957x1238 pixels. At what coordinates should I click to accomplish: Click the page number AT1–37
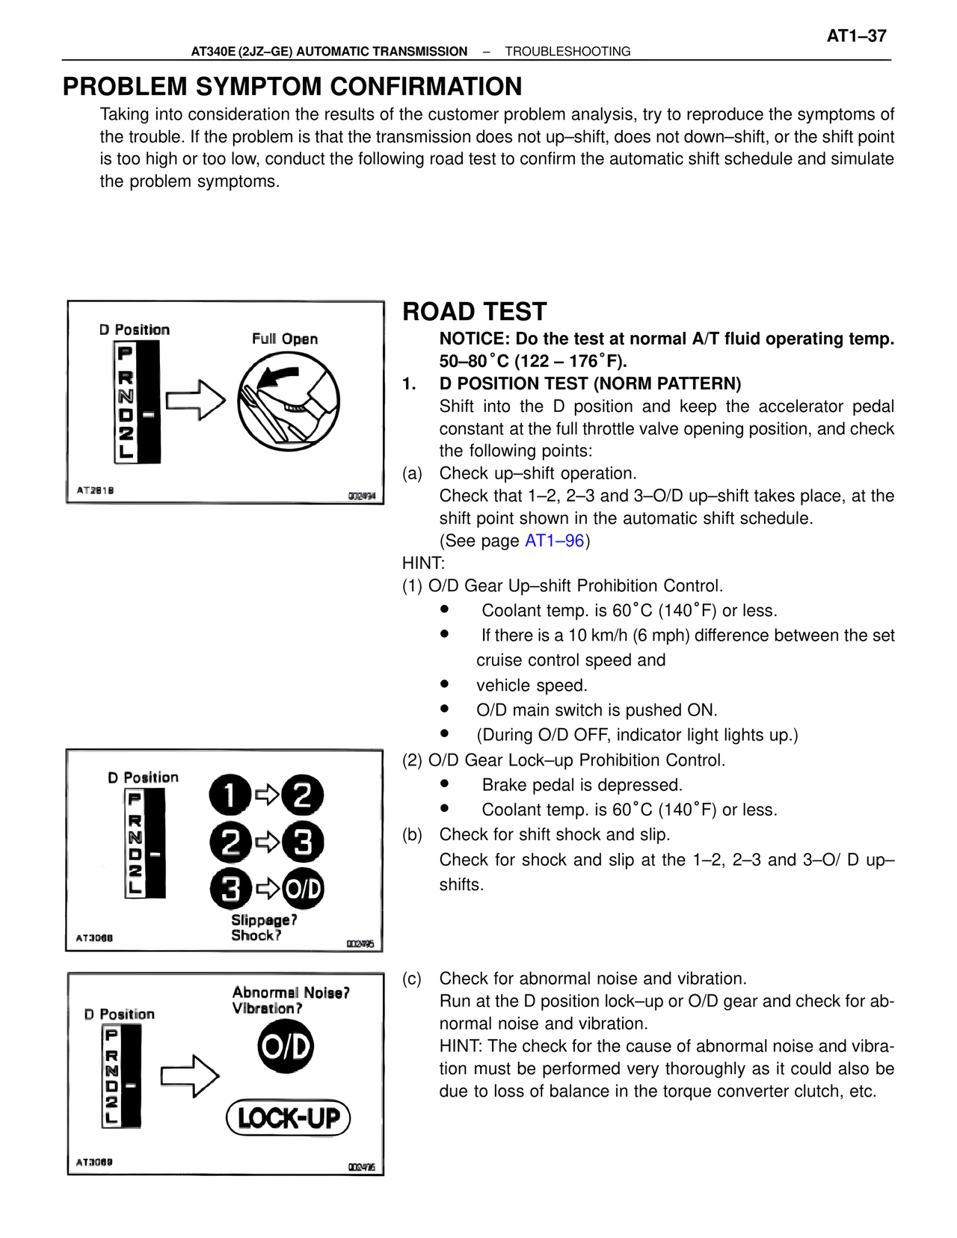pos(856,36)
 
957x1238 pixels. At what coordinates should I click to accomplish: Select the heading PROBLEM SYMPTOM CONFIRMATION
pos(292,87)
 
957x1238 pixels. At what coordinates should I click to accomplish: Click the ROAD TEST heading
pos(475,312)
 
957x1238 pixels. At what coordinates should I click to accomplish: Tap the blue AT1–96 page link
pos(554,541)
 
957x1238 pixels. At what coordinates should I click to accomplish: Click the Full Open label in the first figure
pos(285,339)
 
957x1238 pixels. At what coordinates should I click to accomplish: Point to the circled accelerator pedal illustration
pos(289,401)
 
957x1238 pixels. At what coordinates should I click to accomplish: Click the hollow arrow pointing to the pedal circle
pos(195,400)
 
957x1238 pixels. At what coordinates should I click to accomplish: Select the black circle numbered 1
pos(230,795)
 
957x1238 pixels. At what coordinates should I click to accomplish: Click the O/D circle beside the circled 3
pos(303,889)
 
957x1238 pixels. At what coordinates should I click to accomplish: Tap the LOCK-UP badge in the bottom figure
pos(289,1118)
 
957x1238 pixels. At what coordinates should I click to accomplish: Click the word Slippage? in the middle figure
pos(264,920)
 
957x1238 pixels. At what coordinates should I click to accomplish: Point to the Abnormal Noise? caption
pos(291,993)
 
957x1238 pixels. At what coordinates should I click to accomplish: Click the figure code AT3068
pos(94,938)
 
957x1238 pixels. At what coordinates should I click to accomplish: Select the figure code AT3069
pos(94,1162)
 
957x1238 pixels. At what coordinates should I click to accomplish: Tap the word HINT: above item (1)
pos(423,563)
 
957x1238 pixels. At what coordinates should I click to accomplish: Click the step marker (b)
pos(412,834)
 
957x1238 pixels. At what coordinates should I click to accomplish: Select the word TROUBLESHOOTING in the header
pos(567,52)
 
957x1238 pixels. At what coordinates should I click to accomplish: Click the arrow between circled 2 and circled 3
pos(267,843)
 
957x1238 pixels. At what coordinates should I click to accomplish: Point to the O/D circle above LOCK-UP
pos(286,1047)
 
